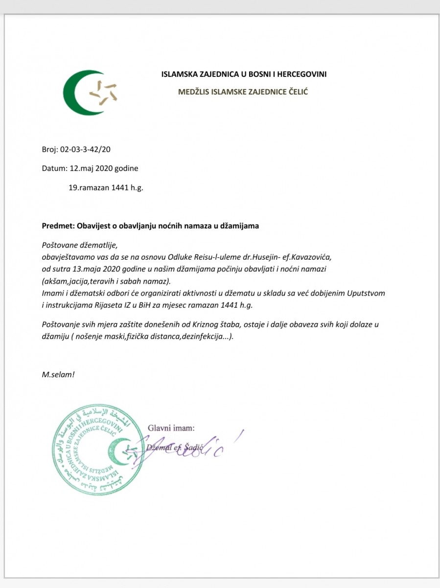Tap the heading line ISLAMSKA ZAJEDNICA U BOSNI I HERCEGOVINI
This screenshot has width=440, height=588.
coord(244,74)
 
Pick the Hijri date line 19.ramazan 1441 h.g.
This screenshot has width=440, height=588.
coord(106,187)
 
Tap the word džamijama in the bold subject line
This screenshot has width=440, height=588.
coord(242,226)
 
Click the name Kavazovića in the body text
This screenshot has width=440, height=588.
coord(311,257)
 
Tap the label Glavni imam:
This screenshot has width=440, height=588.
coord(171,428)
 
